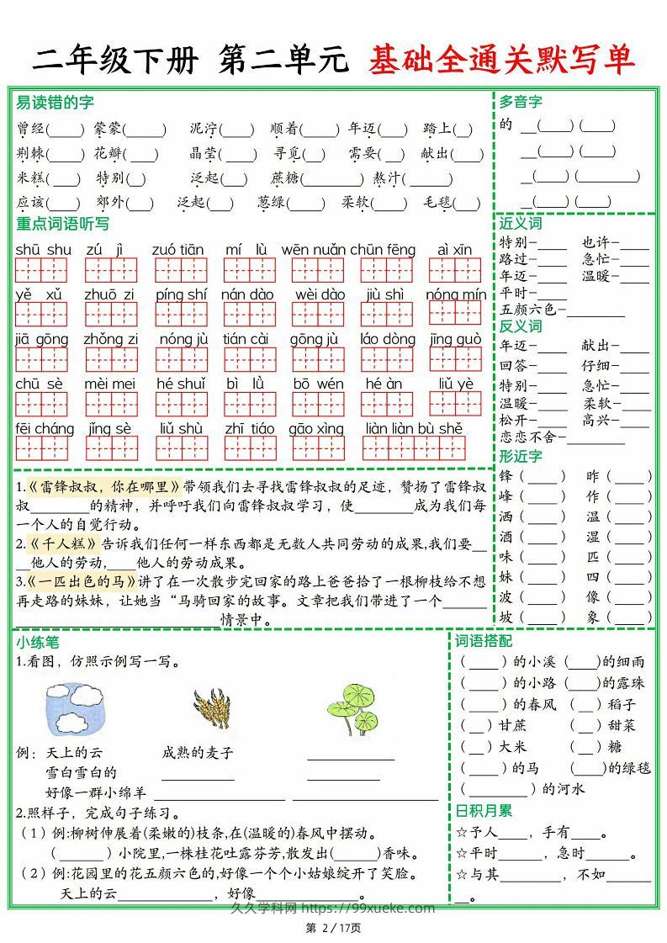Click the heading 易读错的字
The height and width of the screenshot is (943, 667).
pyautogui.click(x=55, y=103)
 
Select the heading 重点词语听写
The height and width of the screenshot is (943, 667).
pyautogui.click(x=62, y=224)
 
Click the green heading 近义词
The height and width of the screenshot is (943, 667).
pyautogui.click(x=520, y=223)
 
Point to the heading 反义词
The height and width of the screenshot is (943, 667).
pyautogui.click(x=520, y=326)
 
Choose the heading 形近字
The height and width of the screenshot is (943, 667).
pyautogui.click(x=520, y=456)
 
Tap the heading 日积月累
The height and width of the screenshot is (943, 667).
pyautogui.click(x=483, y=811)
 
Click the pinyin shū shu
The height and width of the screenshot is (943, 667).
pyautogui.click(x=43, y=250)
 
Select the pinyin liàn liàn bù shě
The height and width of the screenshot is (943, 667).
pyautogui.click(x=414, y=428)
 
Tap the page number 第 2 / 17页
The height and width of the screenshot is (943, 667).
pyautogui.click(x=333, y=928)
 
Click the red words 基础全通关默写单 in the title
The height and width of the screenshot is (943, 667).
pyautogui.click(x=500, y=61)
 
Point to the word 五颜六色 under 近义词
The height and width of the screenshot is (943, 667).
pyautogui.click(x=527, y=310)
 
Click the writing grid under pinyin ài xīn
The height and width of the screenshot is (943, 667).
pyautogui.click(x=454, y=270)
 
